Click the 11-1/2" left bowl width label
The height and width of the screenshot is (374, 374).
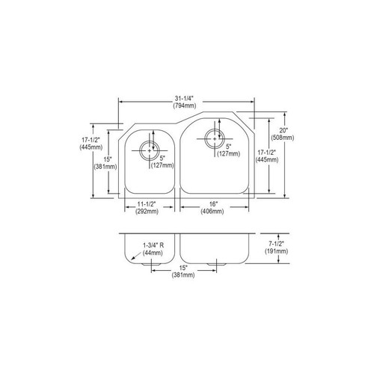pos(148,204)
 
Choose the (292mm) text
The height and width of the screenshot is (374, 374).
pos(148,212)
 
